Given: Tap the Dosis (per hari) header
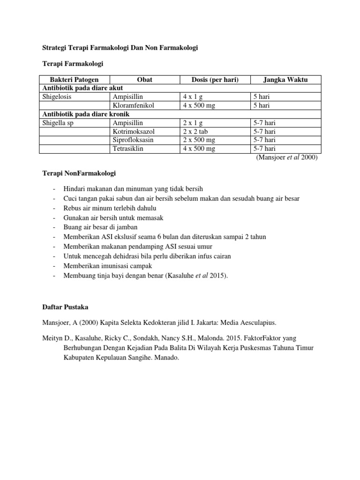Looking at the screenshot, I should (215, 80).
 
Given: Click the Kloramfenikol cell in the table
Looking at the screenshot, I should (133, 105).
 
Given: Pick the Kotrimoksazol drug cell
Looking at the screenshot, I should (133, 132).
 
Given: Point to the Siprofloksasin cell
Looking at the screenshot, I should (133, 140).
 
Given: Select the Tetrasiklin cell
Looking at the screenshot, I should (128, 149).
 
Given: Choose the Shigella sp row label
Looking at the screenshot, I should (59, 123).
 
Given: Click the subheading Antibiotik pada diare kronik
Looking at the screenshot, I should (86, 114).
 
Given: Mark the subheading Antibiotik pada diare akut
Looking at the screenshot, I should (83, 88).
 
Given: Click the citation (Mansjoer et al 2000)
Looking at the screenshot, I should (287, 157).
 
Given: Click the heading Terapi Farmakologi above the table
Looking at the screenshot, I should (73, 63).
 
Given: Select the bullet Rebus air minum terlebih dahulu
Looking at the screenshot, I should (110, 208).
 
